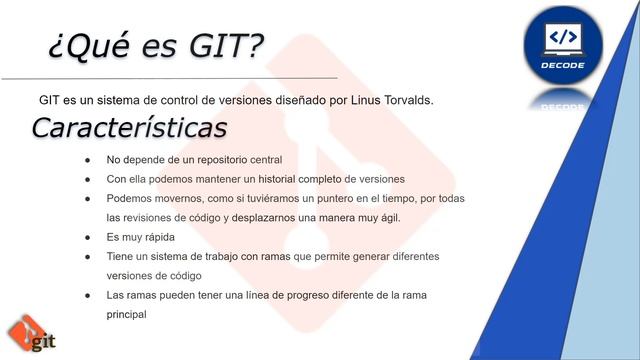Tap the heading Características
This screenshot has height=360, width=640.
(x=129, y=128)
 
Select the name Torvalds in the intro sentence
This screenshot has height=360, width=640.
(x=401, y=101)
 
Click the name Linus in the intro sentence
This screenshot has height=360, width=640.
(x=344, y=101)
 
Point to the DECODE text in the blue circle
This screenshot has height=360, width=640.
(x=564, y=63)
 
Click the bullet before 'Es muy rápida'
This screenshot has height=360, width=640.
(x=88, y=237)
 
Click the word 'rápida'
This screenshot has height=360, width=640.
(x=158, y=237)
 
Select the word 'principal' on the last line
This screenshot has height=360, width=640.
(x=127, y=313)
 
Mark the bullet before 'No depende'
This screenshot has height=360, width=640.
(x=88, y=160)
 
